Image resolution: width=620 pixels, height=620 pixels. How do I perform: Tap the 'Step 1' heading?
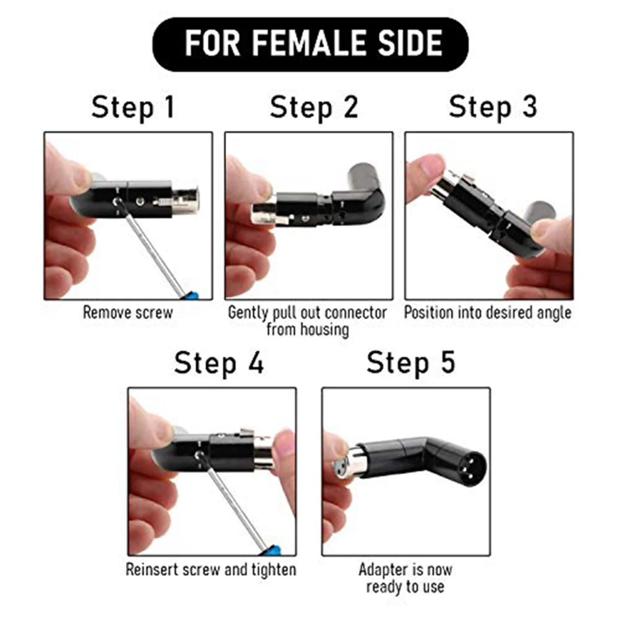tap(133, 107)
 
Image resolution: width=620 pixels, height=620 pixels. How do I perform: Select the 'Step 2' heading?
tap(314, 107)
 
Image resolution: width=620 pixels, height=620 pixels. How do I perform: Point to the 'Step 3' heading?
tap(493, 107)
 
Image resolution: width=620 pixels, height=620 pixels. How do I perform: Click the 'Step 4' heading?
tap(219, 363)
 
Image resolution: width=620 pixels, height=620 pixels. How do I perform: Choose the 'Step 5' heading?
tap(411, 363)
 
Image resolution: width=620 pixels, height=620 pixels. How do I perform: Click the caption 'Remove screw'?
tap(128, 313)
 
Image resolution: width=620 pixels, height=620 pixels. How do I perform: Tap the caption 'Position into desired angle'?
tap(488, 313)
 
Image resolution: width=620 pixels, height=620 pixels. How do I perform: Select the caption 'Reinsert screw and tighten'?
tap(211, 569)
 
